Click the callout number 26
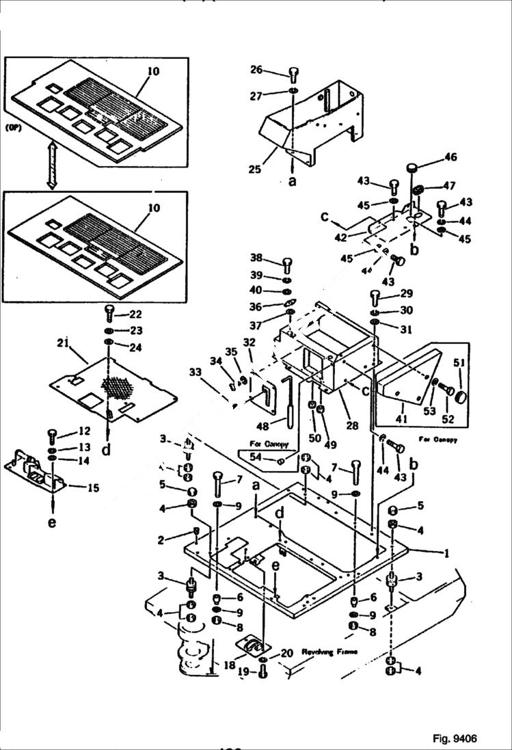pos(256,69)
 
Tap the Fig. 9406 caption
pos(454,738)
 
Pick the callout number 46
pos(450,157)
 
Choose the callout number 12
pos(84,431)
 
